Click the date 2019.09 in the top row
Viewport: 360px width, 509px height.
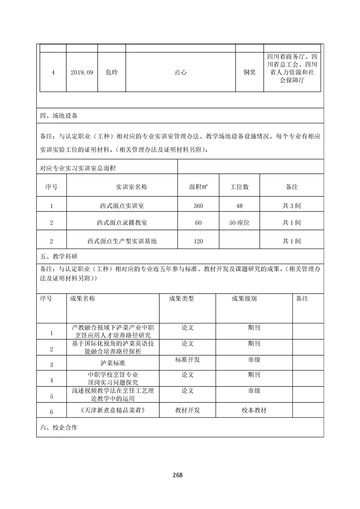point(82,72)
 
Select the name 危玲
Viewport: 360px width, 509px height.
point(111,72)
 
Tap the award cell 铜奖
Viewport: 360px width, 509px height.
point(249,72)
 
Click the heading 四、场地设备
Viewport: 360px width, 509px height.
point(59,116)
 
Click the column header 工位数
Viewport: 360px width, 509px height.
point(239,187)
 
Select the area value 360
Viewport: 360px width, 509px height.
point(198,206)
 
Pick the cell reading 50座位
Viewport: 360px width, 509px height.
point(239,223)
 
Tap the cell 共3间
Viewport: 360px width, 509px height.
point(291,206)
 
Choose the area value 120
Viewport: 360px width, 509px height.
point(198,241)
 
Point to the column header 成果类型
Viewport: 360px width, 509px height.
point(181,299)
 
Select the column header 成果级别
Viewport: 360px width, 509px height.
point(244,299)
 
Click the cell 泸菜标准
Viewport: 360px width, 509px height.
point(113,364)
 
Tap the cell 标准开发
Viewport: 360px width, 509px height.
point(187,360)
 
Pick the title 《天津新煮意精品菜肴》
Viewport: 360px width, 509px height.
point(113,410)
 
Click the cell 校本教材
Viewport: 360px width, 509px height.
point(254,410)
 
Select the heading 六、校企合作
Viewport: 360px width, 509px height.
point(59,427)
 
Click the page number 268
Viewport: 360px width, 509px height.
point(178,475)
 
